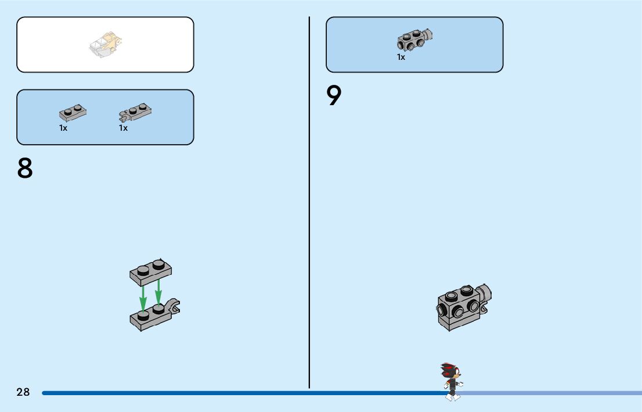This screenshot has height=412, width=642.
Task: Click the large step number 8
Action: pos(25,168)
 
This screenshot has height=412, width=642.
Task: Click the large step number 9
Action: pos(334,96)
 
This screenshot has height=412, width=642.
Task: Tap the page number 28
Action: pos(23,392)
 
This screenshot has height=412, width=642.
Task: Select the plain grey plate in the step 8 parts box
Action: pos(73,113)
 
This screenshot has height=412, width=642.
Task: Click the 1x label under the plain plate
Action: pos(63,128)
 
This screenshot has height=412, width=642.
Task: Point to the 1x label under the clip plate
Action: pos(123,128)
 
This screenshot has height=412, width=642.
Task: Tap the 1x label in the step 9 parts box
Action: pos(401,58)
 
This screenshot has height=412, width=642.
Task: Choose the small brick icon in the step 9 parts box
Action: pos(414,40)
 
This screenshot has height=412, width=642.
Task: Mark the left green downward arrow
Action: pos(143,296)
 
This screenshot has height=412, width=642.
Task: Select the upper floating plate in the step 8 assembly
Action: pos(151,271)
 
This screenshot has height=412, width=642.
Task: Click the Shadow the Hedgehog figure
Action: pos(451,381)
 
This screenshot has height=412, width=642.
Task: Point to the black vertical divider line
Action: pos(309,203)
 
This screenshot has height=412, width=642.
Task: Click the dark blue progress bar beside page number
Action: pos(232,393)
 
